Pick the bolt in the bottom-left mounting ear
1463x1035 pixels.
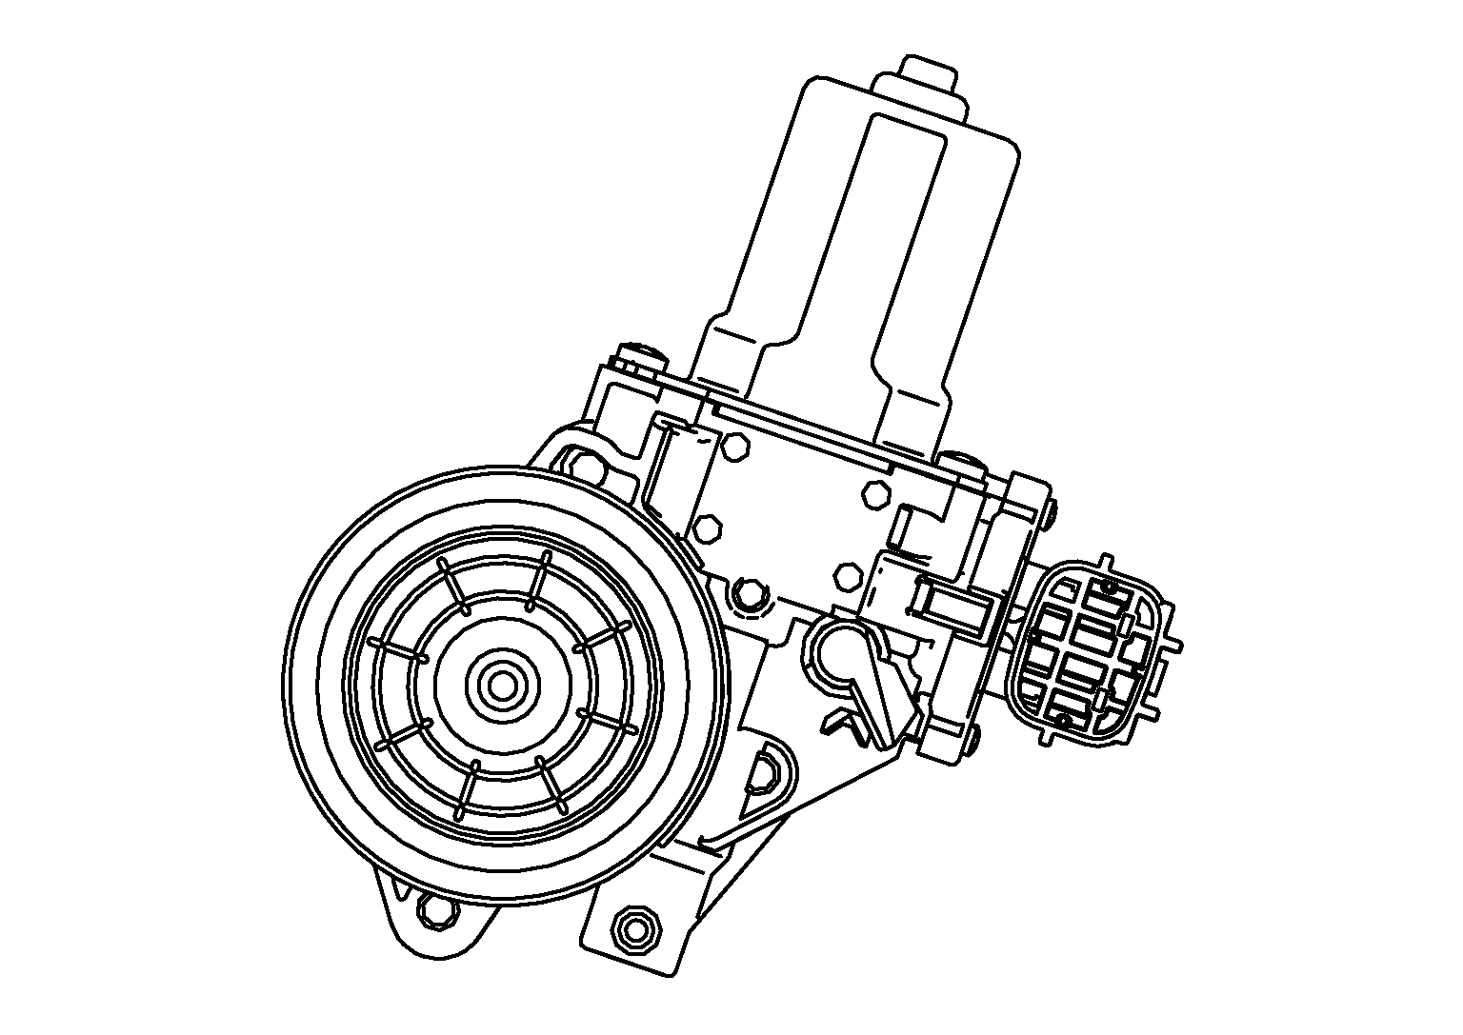point(435,910)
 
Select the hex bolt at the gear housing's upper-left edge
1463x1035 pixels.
point(588,468)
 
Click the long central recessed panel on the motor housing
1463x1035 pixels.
point(866,238)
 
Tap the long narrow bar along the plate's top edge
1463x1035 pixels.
point(800,428)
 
